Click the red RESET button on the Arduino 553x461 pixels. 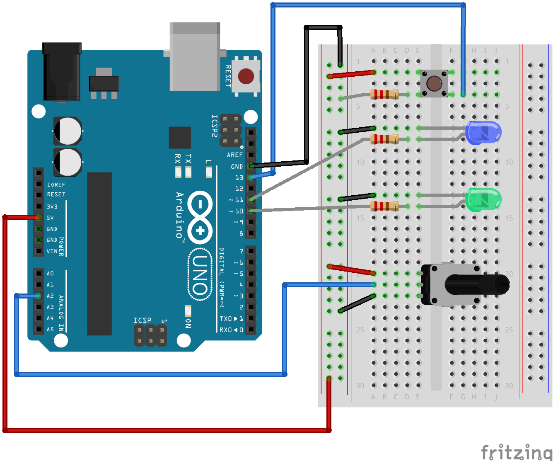[246, 76]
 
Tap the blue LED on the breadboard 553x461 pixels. [483, 133]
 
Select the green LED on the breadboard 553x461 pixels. [483, 199]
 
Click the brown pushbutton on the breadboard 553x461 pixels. [434, 83]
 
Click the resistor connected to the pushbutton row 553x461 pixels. [384, 95]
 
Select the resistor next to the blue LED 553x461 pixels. [384, 139]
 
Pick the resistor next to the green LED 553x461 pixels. [384, 206]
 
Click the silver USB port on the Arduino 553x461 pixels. [195, 56]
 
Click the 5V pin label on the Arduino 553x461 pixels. [50, 218]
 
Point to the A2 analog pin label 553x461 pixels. [50, 296]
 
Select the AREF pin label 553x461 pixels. [234, 155]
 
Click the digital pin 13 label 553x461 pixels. [239, 177]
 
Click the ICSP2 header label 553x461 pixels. [214, 126]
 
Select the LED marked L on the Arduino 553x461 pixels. [209, 171]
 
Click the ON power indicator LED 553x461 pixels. [188, 311]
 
